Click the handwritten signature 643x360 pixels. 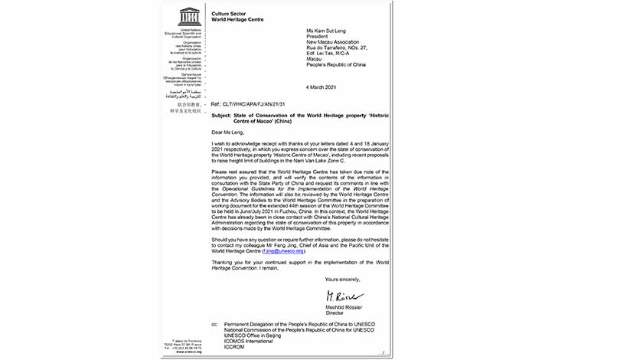(x=342, y=297)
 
